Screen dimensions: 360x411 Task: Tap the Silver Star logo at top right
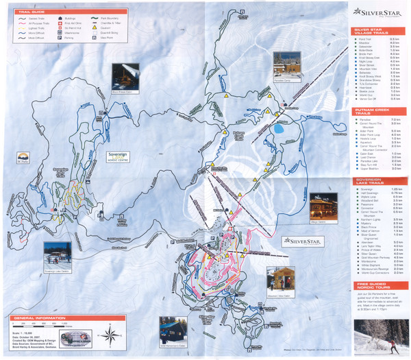click(x=377, y=11)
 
